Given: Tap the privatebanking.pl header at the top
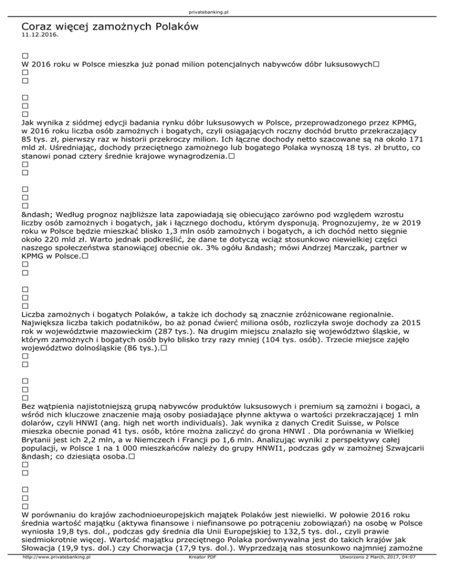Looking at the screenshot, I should pyautogui.click(x=224, y=11).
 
